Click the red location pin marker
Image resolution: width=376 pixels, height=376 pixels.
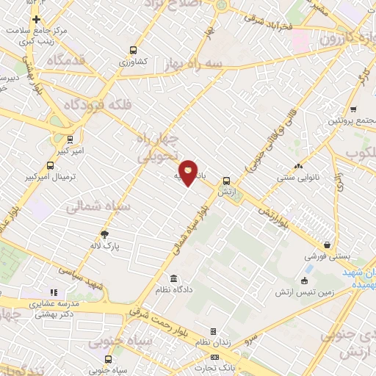tap(189, 173)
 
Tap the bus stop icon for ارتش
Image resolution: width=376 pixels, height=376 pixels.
tap(226, 180)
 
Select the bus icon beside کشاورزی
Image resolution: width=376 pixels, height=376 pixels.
tap(133, 50)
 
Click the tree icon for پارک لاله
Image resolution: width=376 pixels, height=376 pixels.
tap(105, 234)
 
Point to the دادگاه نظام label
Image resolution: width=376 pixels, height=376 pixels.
tap(194, 290)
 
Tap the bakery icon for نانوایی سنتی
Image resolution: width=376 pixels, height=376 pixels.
tap(298, 166)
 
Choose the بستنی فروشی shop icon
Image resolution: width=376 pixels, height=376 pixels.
tap(327, 246)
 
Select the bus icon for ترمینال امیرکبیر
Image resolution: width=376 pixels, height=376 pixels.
tap(49, 165)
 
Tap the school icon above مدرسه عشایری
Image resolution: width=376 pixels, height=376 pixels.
tap(53, 292)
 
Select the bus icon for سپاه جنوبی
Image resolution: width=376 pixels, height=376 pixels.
tap(109, 359)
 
